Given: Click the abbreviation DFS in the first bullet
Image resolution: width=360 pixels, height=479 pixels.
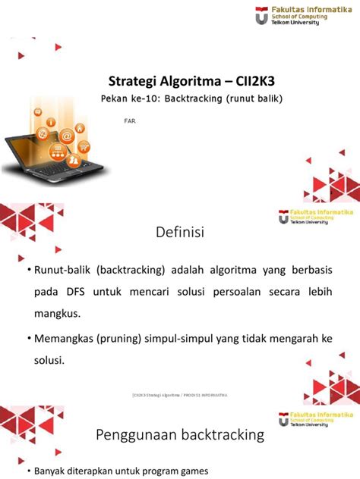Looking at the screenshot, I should (82, 290).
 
